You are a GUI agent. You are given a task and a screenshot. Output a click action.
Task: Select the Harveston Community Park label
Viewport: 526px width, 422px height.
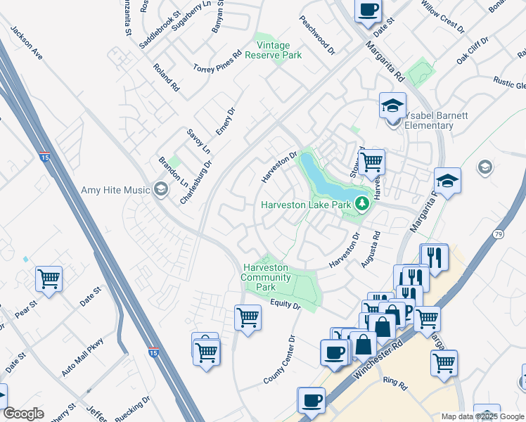(x=266, y=277)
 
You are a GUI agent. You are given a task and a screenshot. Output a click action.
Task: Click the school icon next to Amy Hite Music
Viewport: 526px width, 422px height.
(x=161, y=189)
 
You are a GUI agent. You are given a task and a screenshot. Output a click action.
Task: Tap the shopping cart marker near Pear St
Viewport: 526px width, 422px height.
(x=49, y=279)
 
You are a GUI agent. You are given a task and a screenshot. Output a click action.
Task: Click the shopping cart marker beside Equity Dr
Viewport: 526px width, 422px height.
(x=248, y=317)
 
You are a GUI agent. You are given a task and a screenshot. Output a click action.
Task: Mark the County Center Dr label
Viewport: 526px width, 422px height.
(x=281, y=359)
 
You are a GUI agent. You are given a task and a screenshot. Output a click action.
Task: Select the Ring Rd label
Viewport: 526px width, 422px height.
(x=395, y=383)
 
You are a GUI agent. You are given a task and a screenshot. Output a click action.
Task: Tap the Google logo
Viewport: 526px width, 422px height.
(x=23, y=413)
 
